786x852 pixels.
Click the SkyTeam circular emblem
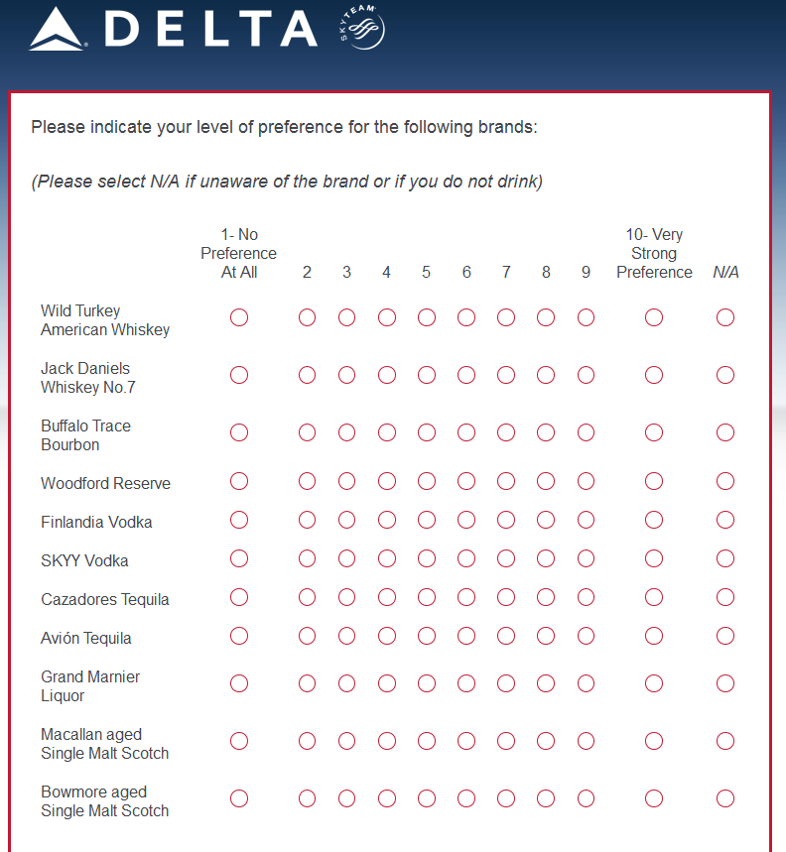coord(361,29)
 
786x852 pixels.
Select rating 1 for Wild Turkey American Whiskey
coord(239,317)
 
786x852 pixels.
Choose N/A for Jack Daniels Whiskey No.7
coord(725,375)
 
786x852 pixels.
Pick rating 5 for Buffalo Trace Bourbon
coord(427,432)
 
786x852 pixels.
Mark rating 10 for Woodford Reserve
coord(654,481)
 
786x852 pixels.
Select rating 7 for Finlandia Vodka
coord(506,520)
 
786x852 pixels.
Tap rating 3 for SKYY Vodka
coord(346,558)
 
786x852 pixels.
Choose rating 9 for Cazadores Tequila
coord(586,597)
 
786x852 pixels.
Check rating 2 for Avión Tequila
coord(307,636)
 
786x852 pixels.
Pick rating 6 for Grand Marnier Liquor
coord(466,683)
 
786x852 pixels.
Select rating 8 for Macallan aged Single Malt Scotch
coord(546,741)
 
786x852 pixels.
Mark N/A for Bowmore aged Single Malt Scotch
coord(725,798)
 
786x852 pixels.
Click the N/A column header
coord(725,272)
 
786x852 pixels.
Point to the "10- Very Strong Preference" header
coord(654,254)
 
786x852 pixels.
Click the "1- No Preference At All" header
coord(239,254)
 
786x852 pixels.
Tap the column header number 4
coord(387,272)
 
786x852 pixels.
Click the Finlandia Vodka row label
coord(96,522)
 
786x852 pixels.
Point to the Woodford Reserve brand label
coord(105,483)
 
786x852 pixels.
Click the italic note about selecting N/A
coord(287,182)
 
